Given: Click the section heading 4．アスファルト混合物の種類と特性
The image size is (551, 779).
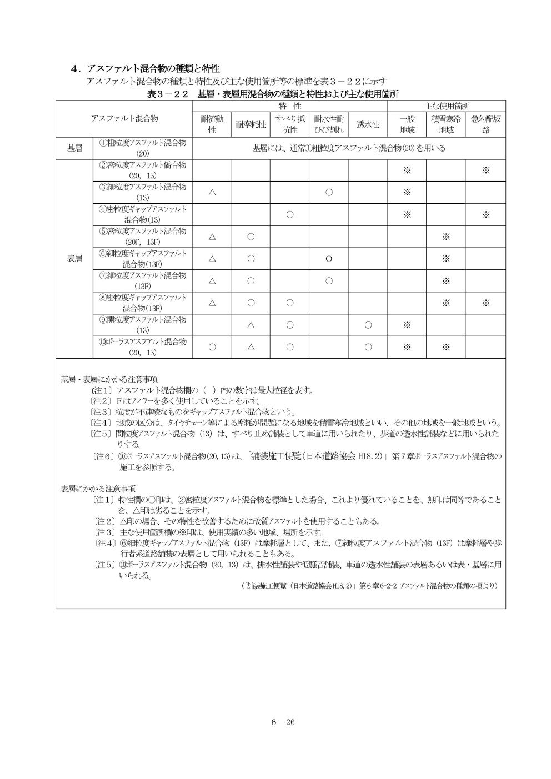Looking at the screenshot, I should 146,68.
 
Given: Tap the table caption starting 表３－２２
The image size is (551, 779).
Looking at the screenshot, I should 273,94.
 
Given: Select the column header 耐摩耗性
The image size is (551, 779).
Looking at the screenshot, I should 251,124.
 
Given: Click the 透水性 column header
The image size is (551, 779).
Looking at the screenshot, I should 368,124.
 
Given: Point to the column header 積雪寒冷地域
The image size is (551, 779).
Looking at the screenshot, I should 445,124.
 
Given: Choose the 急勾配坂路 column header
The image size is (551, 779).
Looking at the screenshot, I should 485,124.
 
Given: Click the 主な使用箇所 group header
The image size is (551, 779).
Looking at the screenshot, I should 446,105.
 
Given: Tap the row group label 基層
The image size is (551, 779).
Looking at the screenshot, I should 74,148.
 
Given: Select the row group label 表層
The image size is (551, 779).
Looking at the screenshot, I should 74,259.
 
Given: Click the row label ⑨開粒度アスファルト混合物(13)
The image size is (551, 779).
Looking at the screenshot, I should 143,325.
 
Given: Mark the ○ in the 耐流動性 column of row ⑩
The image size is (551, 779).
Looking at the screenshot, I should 212,347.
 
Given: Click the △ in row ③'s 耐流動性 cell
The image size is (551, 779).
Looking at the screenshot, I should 212,193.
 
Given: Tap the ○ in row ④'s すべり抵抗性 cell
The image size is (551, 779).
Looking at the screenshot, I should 289,215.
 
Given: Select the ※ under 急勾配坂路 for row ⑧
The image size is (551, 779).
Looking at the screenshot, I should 485,303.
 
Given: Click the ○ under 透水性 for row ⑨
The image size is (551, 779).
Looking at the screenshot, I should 368,325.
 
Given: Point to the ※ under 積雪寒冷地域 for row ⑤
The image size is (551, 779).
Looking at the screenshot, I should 445,237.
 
